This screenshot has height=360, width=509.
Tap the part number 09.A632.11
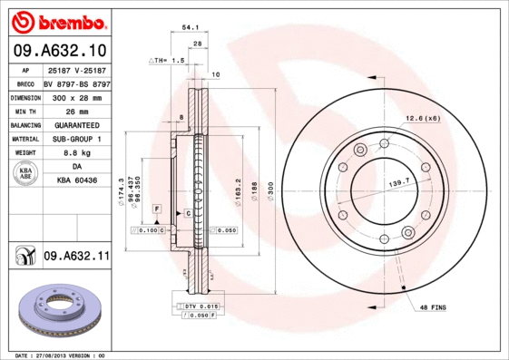tap(76, 257)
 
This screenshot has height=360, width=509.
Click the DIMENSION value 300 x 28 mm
tap(75, 95)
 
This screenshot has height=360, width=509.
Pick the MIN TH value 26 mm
tap(75, 110)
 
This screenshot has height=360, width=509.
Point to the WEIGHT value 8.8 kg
tap(75, 153)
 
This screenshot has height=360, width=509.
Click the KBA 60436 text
tap(75, 181)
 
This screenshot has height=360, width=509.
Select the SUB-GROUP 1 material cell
tap(75, 139)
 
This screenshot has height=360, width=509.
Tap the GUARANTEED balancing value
tap(75, 124)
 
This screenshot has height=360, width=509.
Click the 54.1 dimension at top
tap(191, 28)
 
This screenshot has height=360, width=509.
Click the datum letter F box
tap(157, 209)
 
